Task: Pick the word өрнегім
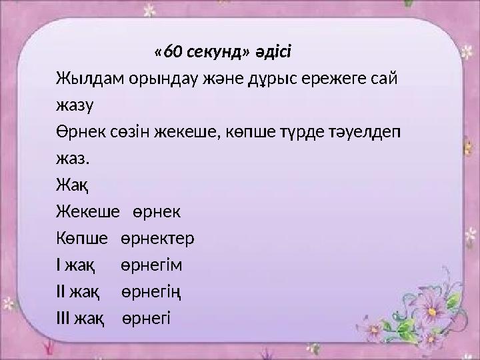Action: click(x=152, y=266)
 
